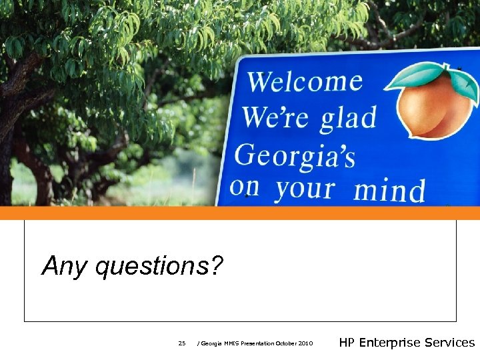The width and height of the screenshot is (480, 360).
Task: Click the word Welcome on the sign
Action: [305, 83]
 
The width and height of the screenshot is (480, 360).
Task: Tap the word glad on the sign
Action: [339, 119]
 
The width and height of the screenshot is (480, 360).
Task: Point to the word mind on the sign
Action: [389, 189]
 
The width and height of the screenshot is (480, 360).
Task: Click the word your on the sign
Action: [304, 189]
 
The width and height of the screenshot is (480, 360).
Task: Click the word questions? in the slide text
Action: [160, 267]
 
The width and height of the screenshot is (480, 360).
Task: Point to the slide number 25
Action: [182, 343]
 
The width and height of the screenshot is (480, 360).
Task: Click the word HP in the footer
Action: [347, 343]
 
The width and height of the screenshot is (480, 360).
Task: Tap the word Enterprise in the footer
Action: [390, 343]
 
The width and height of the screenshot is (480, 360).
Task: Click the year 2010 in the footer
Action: [305, 343]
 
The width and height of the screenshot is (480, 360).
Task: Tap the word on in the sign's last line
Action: [244, 187]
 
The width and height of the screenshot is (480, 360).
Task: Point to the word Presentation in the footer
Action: [257, 343]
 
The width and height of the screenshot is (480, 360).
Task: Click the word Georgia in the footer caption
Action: [211, 343]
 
